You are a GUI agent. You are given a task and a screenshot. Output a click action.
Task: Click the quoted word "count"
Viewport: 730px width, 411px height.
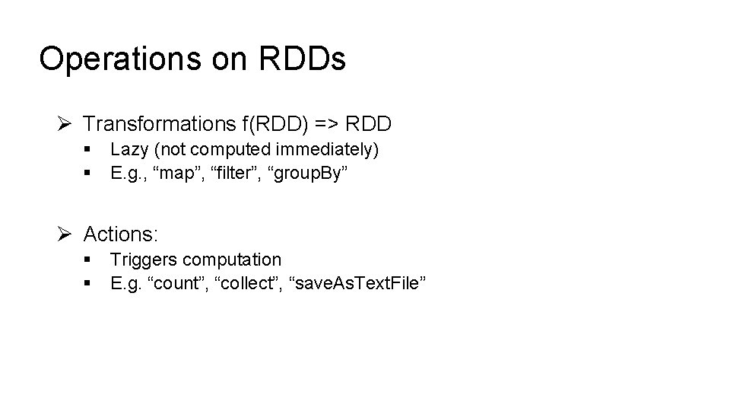(x=179, y=284)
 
